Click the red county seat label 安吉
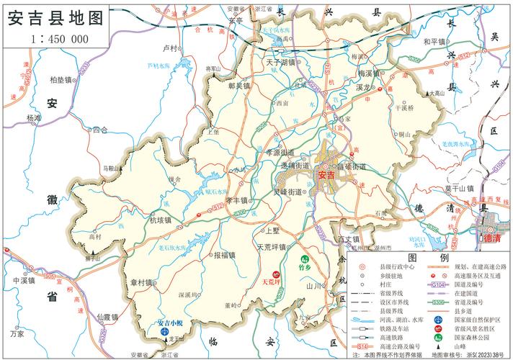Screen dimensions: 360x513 (326, 175)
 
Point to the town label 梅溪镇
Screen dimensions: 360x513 (372, 73)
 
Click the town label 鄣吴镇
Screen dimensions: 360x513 (238, 85)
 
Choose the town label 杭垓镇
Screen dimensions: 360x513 (161, 221)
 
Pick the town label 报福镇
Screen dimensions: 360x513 (226, 255)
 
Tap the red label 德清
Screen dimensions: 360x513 (491, 237)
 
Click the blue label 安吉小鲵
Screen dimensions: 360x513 (175, 322)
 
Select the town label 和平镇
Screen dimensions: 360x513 (434, 41)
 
